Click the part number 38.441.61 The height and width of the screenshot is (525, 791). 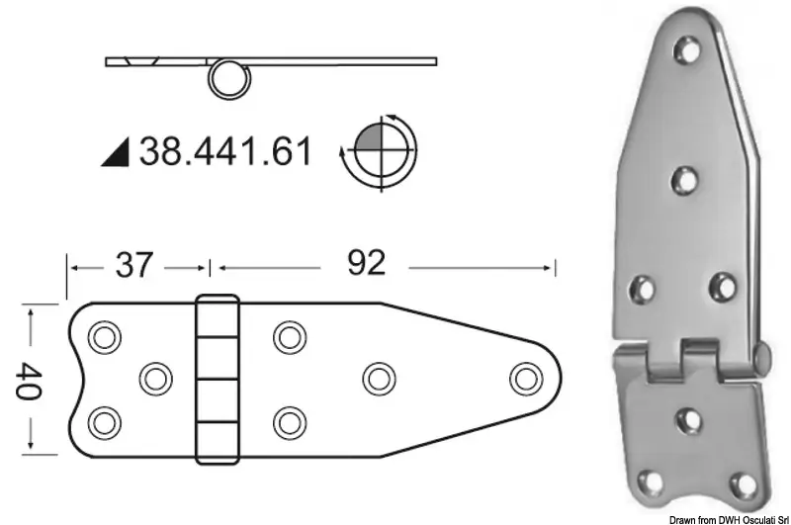tap(225, 151)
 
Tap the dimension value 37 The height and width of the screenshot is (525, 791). tap(133, 265)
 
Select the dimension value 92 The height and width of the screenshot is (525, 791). tap(366, 263)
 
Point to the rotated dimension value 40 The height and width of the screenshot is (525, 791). tap(28, 381)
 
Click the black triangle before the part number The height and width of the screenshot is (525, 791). tap(116, 152)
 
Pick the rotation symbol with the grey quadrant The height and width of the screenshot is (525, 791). tap(381, 151)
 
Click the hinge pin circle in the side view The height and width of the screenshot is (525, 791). tap(229, 80)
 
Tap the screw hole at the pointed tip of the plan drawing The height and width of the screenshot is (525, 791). tap(526, 379)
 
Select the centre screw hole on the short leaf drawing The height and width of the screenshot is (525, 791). tap(156, 379)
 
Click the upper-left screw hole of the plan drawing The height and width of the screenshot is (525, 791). tap(105, 337)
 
